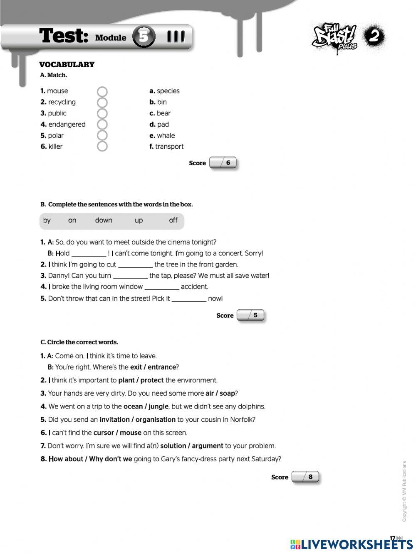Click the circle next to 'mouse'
click(102, 91)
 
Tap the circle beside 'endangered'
click(102, 125)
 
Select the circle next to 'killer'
click(102, 147)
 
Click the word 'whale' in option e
click(166, 136)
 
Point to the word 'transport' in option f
click(169, 147)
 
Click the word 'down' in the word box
click(104, 220)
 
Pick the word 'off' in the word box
click(173, 220)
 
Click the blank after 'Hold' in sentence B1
click(89, 254)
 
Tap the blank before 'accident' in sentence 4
click(162, 287)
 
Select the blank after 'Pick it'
click(189, 299)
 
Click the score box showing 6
click(223, 163)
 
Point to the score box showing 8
click(305, 477)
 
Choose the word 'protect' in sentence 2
click(152, 380)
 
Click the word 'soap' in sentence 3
click(228, 394)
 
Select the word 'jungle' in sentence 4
click(158, 407)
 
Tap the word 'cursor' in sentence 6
click(104, 433)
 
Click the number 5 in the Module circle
click(144, 37)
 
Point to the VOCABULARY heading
click(67, 64)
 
